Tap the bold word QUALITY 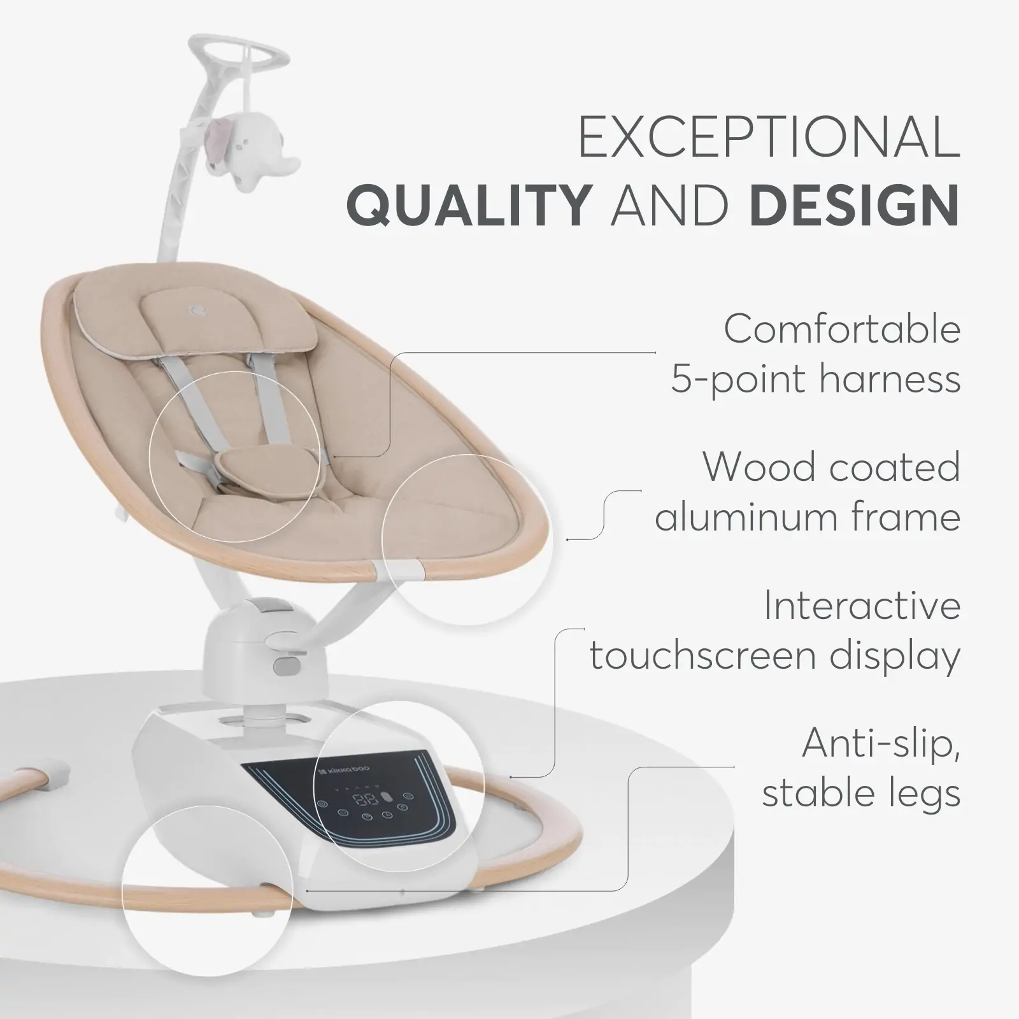[x=468, y=204]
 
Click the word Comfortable [x=842, y=329]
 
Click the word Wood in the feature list [x=755, y=467]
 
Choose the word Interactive [x=862, y=606]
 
